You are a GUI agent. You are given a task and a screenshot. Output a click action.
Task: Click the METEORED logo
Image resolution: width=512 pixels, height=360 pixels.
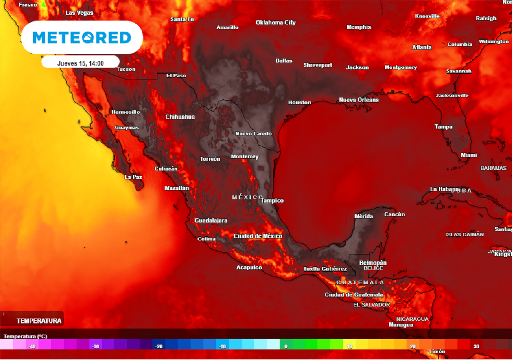tap(82, 37)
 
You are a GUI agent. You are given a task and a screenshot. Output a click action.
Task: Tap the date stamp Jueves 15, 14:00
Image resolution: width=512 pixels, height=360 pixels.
tap(80, 63)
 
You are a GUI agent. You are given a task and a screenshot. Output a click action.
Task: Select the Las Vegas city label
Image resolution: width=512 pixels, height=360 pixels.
tap(79, 13)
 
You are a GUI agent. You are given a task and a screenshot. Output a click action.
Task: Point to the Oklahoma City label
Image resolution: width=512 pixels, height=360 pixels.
tap(276, 23)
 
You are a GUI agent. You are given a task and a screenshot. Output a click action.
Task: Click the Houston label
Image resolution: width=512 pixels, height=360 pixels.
tap(299, 102)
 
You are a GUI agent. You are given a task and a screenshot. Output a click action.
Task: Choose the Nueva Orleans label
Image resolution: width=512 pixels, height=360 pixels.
tap(359, 100)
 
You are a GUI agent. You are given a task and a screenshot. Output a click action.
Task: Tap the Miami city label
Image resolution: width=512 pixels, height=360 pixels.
tap(469, 155)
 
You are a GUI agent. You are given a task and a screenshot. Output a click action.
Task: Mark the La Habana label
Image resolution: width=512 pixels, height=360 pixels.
tap(444, 189)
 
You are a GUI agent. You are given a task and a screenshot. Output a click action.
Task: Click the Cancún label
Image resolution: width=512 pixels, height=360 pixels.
tap(394, 214)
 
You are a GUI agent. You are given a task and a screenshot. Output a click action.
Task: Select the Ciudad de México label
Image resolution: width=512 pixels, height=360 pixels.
tap(258, 236)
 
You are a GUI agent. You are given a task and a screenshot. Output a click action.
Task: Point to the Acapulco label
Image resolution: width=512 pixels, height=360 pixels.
tap(249, 268)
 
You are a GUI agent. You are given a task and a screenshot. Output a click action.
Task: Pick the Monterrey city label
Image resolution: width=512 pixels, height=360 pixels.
tap(245, 157)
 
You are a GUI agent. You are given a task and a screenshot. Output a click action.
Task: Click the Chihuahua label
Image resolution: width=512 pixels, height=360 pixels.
tap(180, 117)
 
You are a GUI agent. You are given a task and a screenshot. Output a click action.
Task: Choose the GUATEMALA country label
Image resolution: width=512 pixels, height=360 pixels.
tap(360, 283)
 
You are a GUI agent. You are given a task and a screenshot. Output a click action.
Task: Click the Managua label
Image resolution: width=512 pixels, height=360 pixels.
tap(401, 325)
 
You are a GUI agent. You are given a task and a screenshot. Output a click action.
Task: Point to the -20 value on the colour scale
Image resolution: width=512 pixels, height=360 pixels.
tap(159, 346)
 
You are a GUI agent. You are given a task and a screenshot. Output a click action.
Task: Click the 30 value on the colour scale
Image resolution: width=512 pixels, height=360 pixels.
tap(476, 346)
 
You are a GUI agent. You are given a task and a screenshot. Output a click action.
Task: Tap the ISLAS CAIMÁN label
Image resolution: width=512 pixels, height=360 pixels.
tap(465, 234)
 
